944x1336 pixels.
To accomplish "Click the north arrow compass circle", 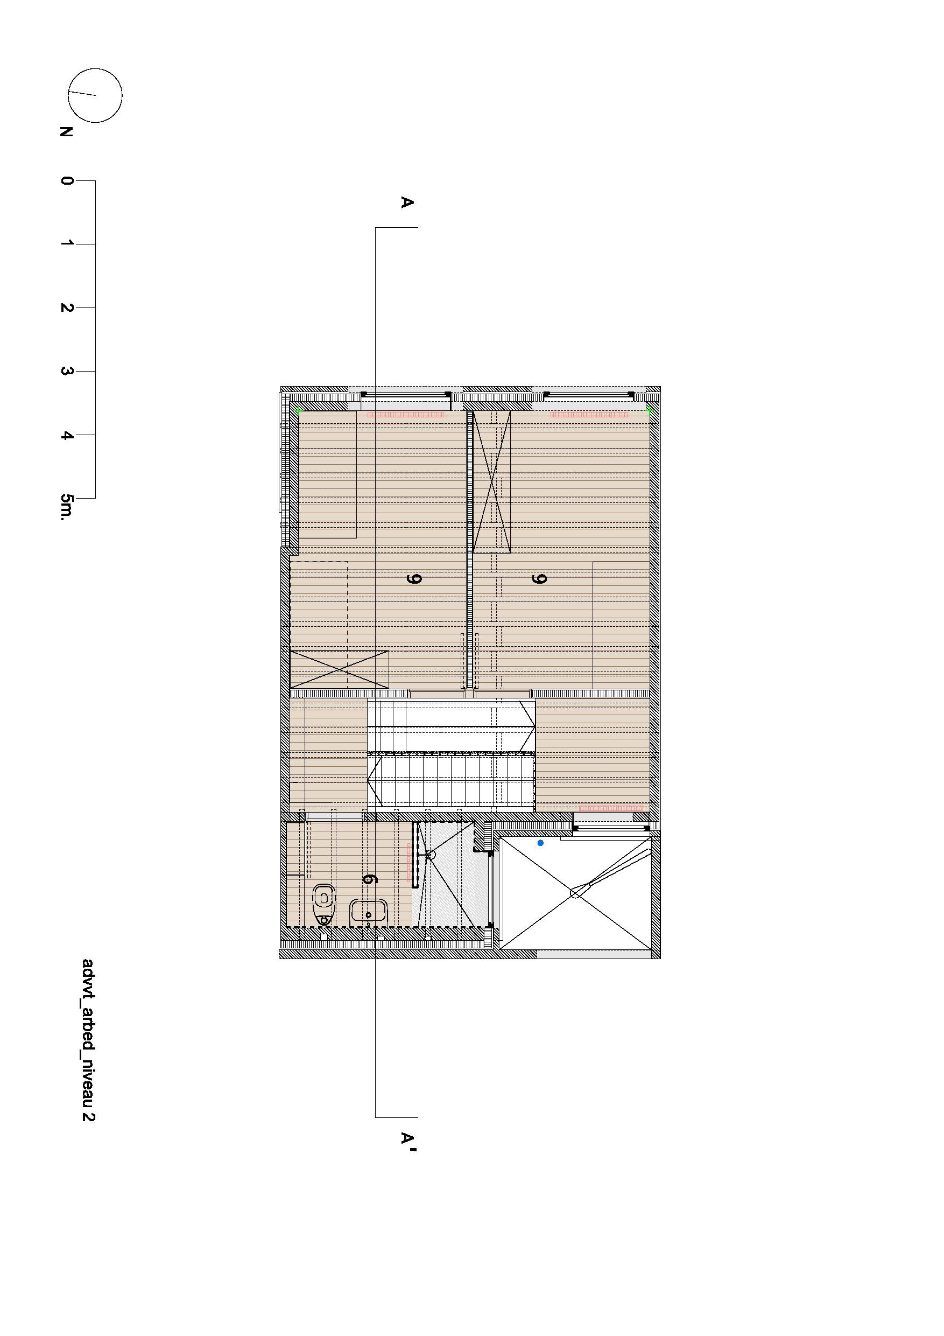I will (x=95, y=95).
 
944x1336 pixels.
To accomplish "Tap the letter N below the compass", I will (x=66, y=132).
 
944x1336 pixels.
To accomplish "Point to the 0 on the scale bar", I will (x=66, y=180).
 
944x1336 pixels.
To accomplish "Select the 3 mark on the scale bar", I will (x=66, y=371).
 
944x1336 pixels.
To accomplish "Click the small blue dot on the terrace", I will (x=540, y=843).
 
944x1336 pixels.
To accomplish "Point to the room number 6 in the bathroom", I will (x=368, y=879).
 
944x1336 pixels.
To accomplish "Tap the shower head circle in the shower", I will (x=431, y=854).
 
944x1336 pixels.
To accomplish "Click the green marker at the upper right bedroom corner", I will (x=649, y=411).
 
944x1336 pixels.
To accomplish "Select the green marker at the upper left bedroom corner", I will (x=298, y=411).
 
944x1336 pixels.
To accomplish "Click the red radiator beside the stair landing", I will (x=611, y=808).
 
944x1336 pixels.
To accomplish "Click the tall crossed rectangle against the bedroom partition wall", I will (x=491, y=481).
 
